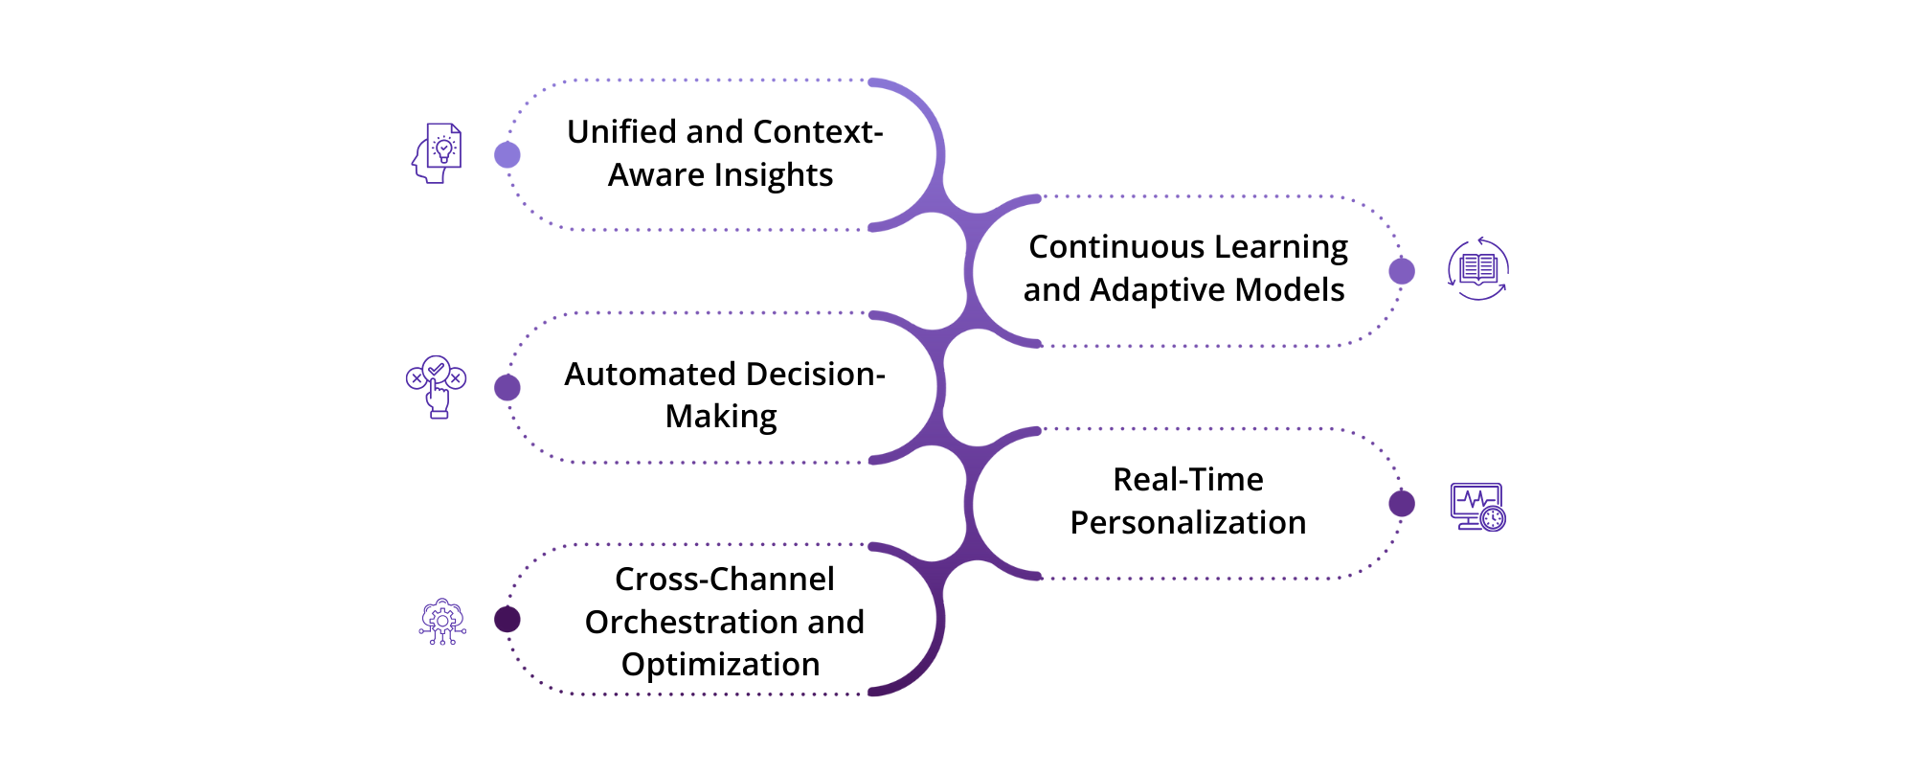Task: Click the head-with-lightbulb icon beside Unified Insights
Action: coord(438,153)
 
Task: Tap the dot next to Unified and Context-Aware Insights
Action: coord(507,155)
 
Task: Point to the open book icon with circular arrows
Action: coord(1478,269)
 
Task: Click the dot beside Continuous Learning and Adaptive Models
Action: coord(1402,271)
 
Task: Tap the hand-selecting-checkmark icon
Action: coord(437,386)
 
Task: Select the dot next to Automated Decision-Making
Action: coord(507,388)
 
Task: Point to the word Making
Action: coord(721,417)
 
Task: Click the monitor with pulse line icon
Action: coord(1477,507)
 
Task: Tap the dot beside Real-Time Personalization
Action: coord(1402,504)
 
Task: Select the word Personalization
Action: coord(1187,523)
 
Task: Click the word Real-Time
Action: coord(1187,480)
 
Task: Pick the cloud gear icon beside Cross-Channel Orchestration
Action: coord(442,622)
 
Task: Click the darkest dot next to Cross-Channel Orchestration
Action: coord(507,620)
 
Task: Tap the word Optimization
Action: coord(720,665)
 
